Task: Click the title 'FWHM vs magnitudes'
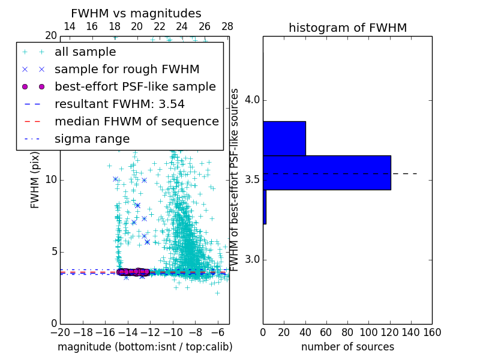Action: point(136,13)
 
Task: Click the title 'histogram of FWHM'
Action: point(347,28)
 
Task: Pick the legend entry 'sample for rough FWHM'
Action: point(127,69)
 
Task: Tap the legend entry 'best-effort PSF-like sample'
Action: point(135,86)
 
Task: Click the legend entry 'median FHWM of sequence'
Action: point(136,121)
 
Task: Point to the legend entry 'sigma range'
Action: point(92,139)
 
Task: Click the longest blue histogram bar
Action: point(326,172)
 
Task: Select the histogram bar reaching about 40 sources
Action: point(284,138)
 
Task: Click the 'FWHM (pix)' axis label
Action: point(35,179)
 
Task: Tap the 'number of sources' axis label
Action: point(347,347)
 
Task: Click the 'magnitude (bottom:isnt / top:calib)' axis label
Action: point(145,347)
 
